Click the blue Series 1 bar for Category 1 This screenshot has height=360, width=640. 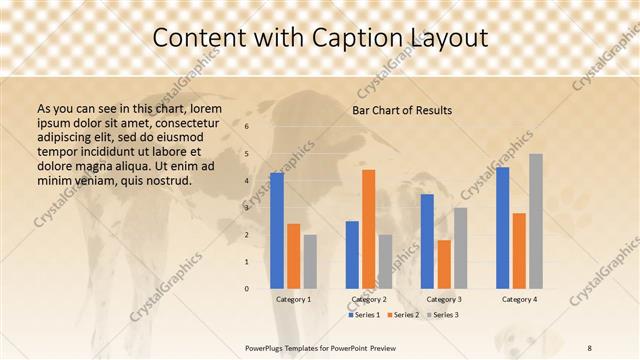coord(277,230)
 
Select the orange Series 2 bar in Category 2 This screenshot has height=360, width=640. coord(368,229)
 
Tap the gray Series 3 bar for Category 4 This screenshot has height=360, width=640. coord(536,221)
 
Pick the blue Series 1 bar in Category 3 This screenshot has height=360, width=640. coord(427,241)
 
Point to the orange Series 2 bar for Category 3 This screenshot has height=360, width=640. coord(443,264)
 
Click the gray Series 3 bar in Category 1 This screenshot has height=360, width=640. coord(310,261)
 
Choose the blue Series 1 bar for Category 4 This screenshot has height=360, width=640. coord(502,227)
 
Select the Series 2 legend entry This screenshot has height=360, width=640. coord(404,315)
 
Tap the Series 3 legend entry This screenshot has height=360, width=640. coord(443,315)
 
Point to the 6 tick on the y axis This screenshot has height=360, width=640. coord(247,127)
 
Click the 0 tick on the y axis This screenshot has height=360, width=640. coord(247,288)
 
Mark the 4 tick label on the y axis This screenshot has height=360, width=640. coord(247,181)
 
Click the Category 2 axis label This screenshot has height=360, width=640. coord(369,299)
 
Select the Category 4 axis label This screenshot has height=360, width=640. coord(519,299)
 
